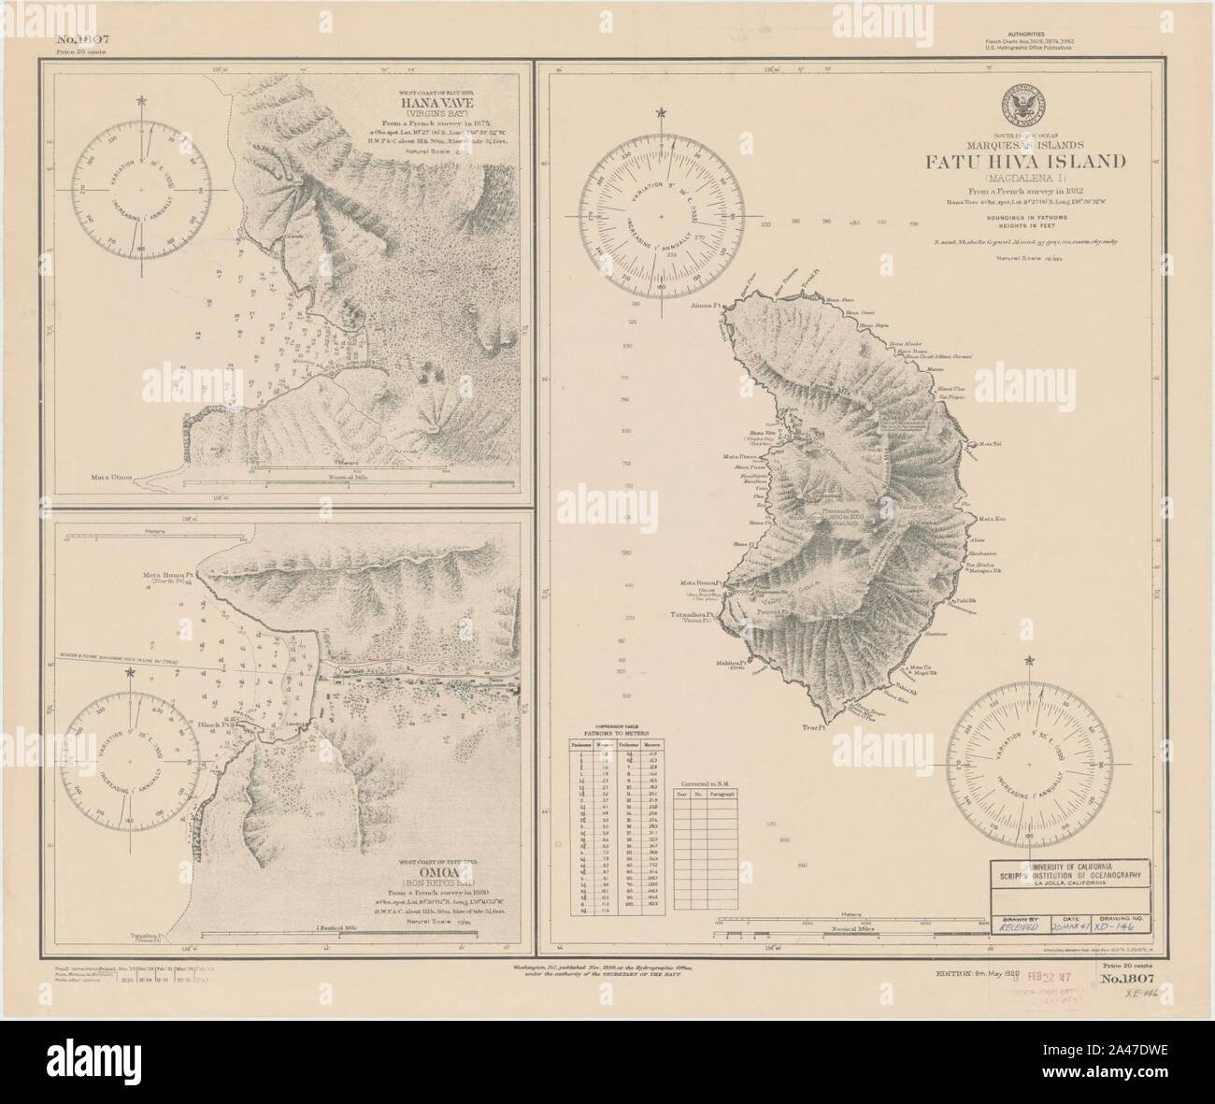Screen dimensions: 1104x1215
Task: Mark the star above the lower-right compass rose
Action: [x=1030, y=662]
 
